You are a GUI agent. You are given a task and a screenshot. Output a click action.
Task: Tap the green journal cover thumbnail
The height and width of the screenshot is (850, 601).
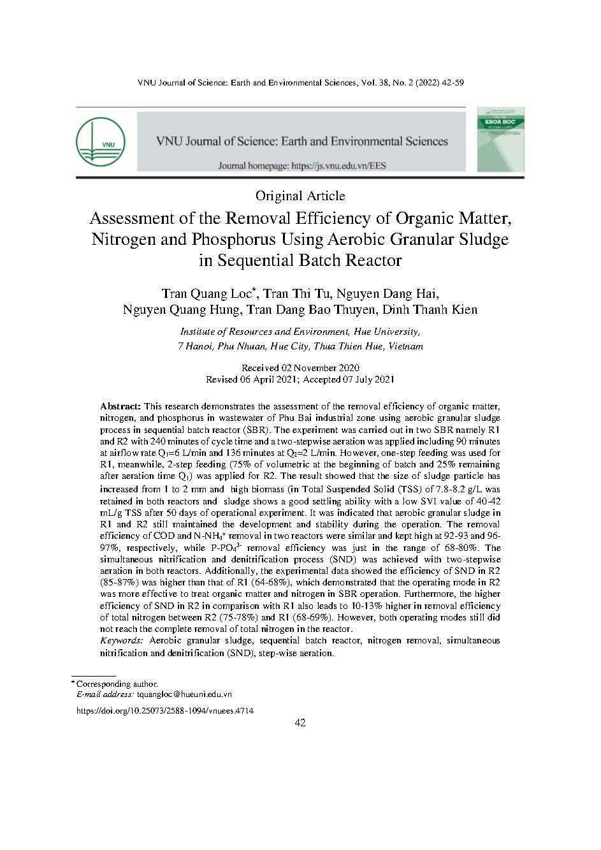point(500,139)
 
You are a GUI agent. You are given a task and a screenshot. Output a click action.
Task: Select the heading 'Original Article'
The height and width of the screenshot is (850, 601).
point(300,196)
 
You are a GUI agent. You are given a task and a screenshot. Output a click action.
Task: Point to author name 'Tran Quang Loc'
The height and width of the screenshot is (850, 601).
point(207,294)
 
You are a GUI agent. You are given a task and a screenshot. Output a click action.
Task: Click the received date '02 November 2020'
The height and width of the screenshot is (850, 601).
point(321,368)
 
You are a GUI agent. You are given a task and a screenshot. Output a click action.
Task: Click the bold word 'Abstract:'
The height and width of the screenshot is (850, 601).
point(120,406)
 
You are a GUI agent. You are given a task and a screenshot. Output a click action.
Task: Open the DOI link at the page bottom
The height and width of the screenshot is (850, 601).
point(164,710)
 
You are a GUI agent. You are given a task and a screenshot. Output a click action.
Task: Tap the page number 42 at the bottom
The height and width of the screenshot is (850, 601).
point(300,723)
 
